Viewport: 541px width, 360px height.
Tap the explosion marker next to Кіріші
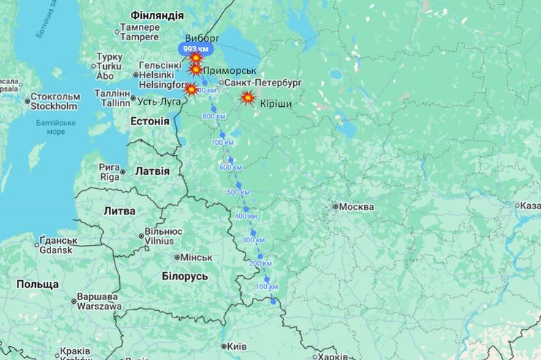click(x=248, y=97)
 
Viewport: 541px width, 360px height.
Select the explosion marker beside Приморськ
click(x=196, y=70)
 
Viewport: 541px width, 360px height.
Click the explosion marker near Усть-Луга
click(x=191, y=89)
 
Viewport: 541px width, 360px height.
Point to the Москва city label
click(x=355, y=207)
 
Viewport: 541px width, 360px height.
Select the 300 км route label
click(x=253, y=240)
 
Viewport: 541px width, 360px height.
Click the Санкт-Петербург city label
click(x=262, y=83)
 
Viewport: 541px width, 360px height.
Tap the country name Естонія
click(x=150, y=120)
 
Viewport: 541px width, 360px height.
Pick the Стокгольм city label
click(x=54, y=101)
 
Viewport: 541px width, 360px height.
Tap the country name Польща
click(x=37, y=284)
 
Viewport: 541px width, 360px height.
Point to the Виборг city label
click(x=203, y=38)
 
